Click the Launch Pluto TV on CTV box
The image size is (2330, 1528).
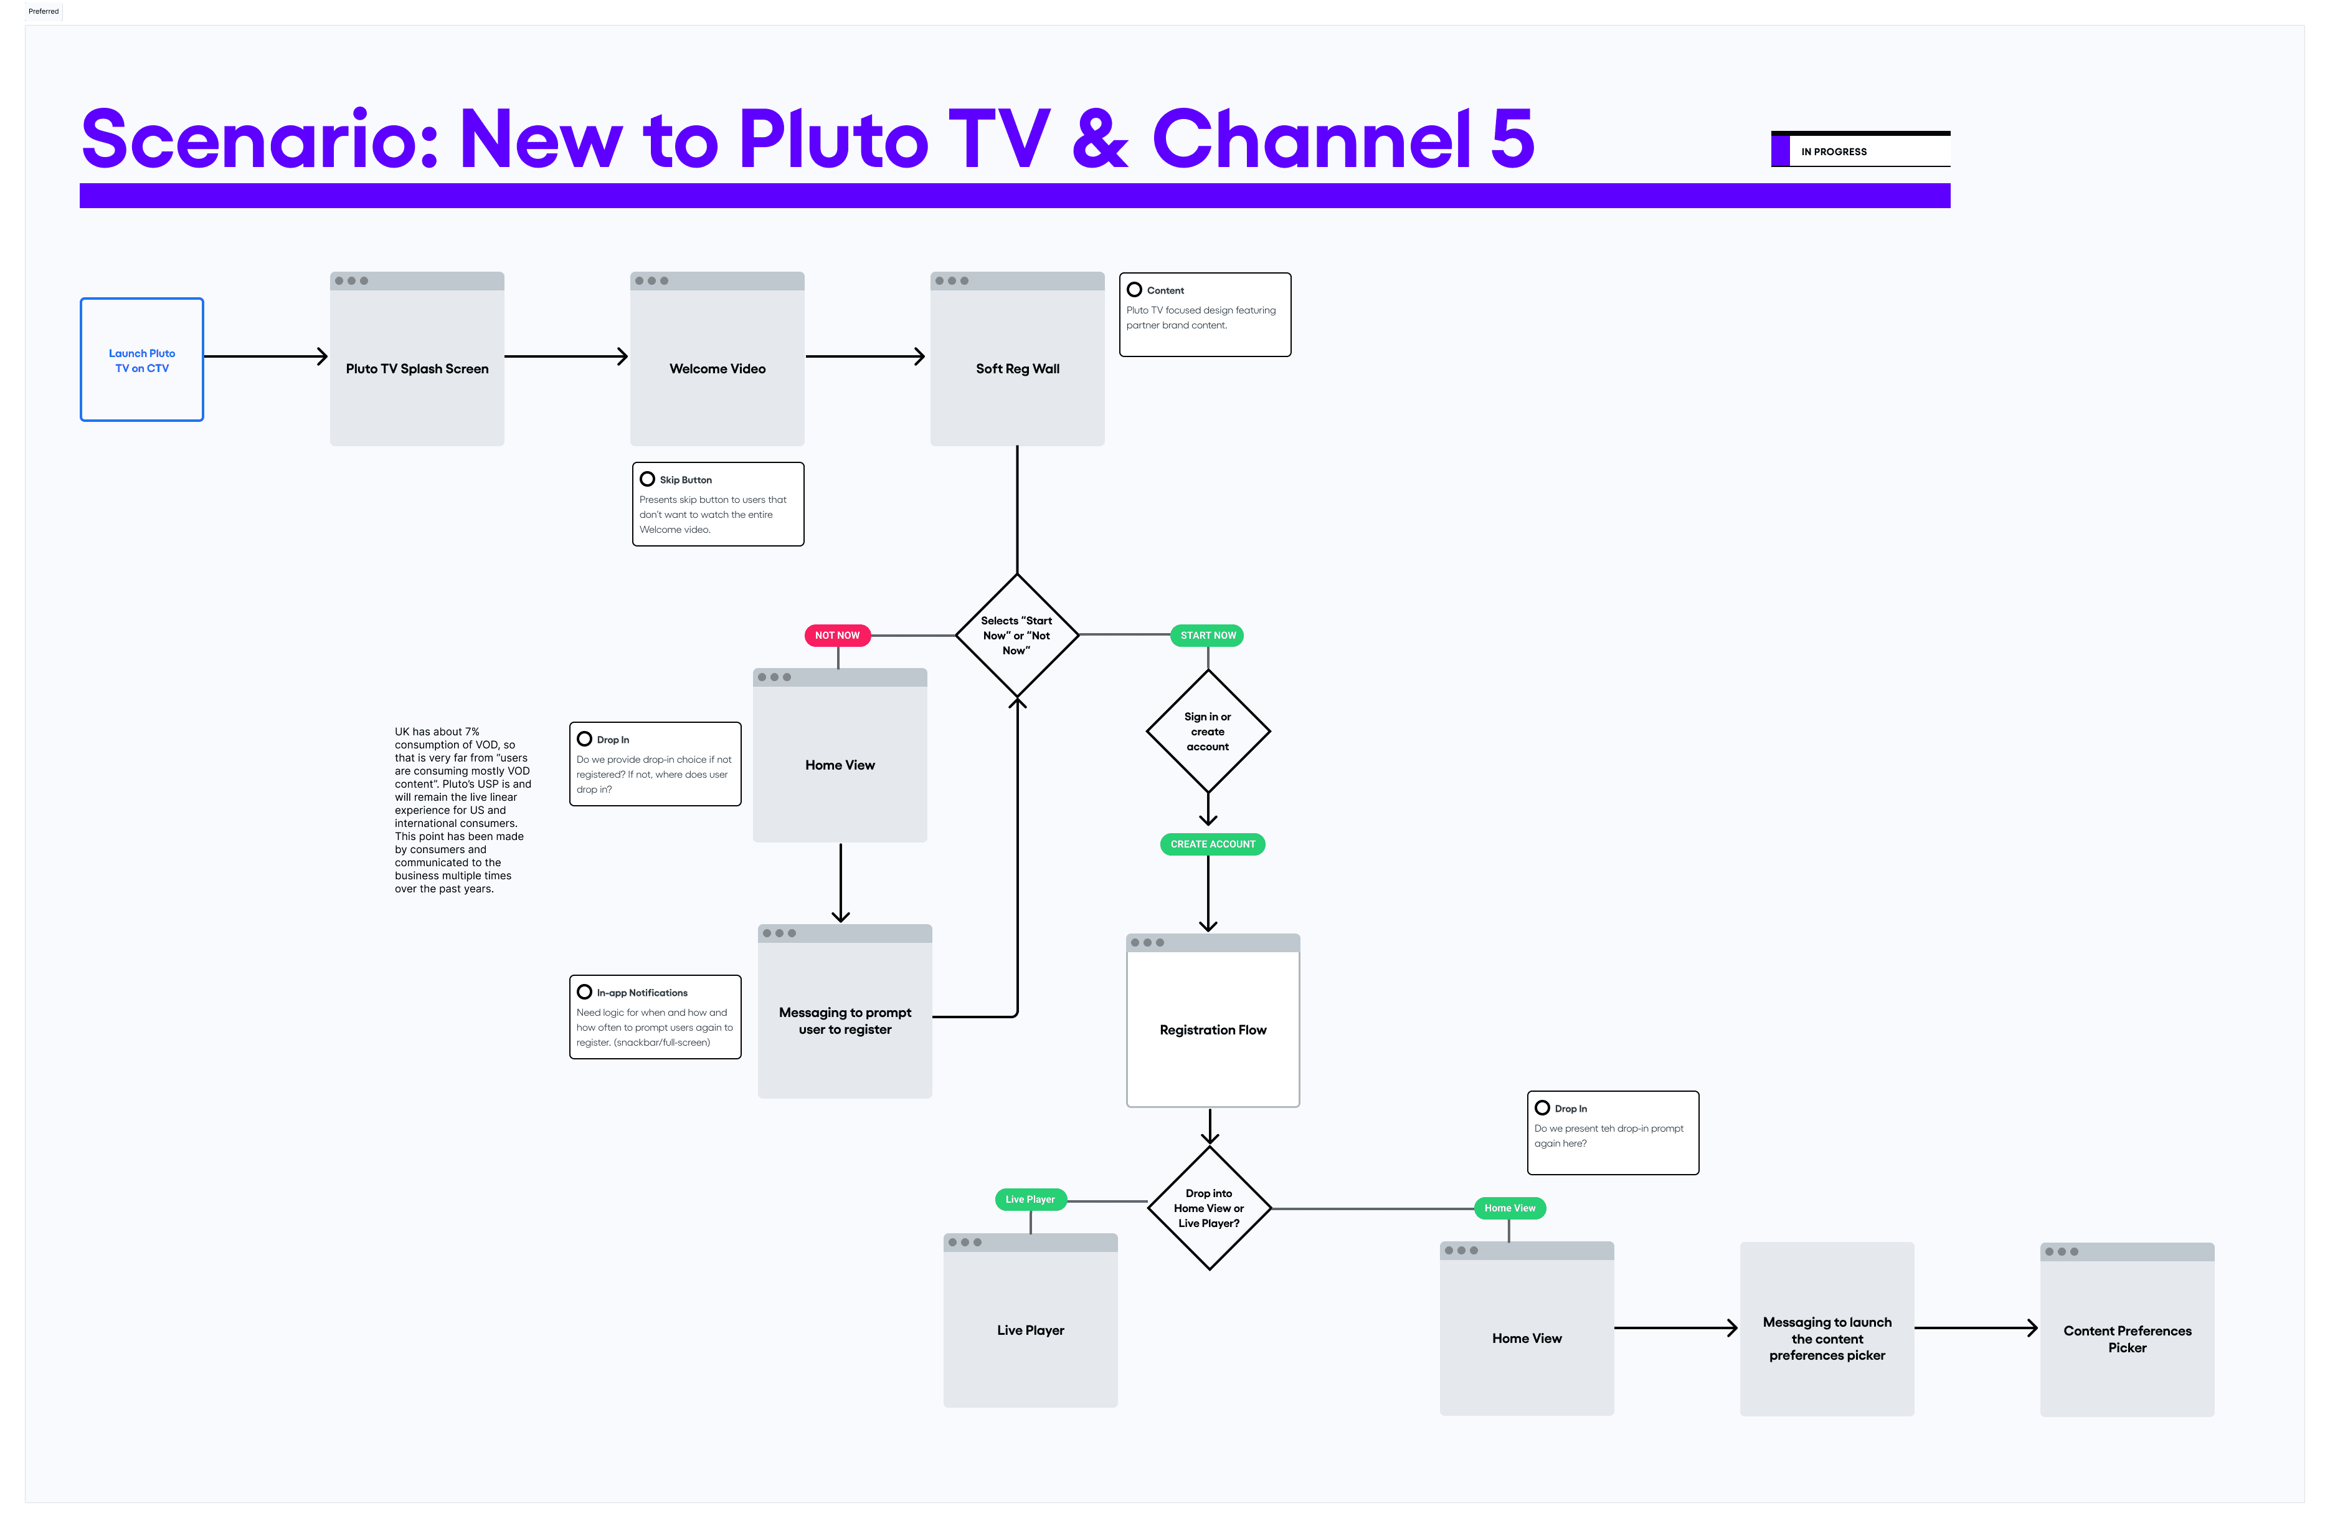coord(142,360)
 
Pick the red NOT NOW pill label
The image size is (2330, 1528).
coord(837,636)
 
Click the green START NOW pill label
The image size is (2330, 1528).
coord(1208,636)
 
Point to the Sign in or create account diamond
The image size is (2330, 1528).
coord(1208,732)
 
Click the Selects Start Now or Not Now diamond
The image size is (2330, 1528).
coord(1017,636)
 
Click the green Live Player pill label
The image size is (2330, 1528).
coord(1030,1200)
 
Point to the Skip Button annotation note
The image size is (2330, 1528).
coord(717,504)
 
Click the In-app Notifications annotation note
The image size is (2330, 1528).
coord(655,1017)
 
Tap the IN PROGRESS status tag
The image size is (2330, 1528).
coord(1860,151)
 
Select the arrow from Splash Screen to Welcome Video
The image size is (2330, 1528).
coord(566,356)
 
